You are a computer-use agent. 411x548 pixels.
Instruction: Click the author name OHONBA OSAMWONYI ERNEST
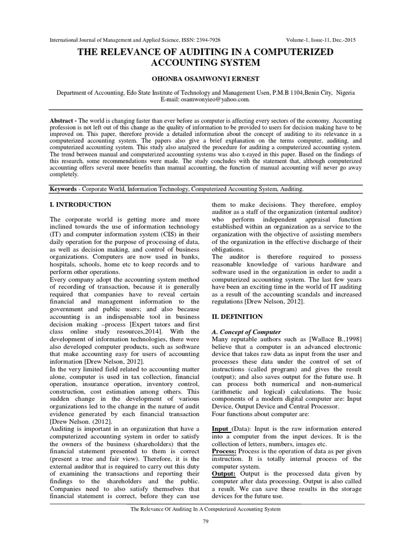pyautogui.click(x=205, y=78)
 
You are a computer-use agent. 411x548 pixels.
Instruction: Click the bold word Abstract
pyautogui.click(x=60, y=121)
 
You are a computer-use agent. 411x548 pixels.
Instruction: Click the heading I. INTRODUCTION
pyautogui.click(x=80, y=205)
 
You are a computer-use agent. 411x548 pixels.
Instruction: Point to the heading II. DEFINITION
pyautogui.click(x=238, y=317)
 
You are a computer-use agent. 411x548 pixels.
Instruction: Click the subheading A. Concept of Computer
pyautogui.click(x=245, y=332)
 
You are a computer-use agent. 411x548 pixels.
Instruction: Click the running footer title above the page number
pyautogui.click(x=205, y=509)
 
